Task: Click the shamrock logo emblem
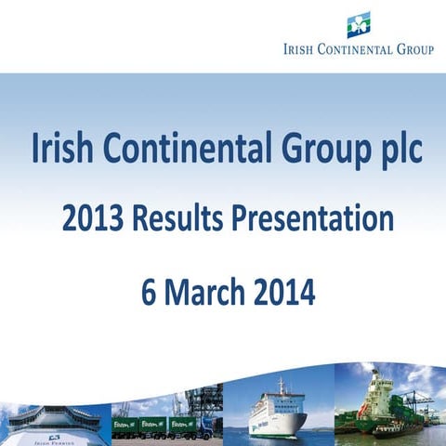click(359, 24)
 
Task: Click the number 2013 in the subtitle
click(91, 220)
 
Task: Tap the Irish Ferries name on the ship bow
click(55, 439)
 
